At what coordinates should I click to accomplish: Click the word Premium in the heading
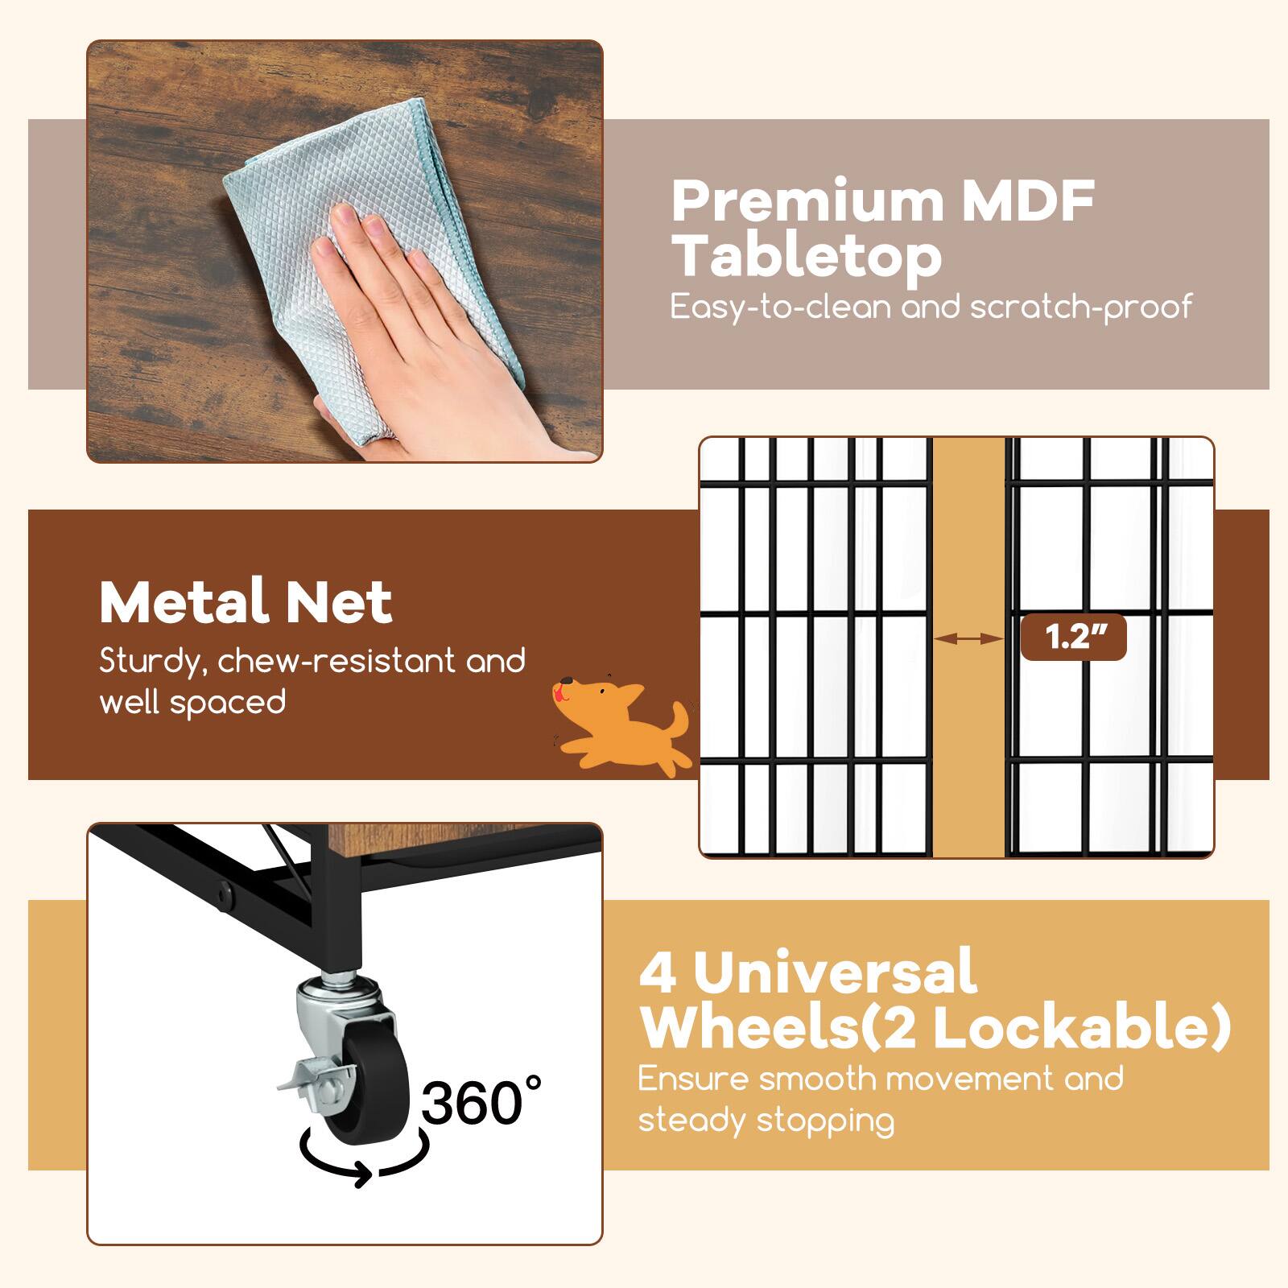coord(807,202)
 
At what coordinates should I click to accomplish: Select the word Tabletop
coord(807,257)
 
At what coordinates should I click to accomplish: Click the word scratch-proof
coord(1080,307)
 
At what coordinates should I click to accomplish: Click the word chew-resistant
coord(336,662)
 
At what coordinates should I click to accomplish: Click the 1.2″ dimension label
coord(1073,638)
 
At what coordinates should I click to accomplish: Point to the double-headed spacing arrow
coord(969,638)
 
